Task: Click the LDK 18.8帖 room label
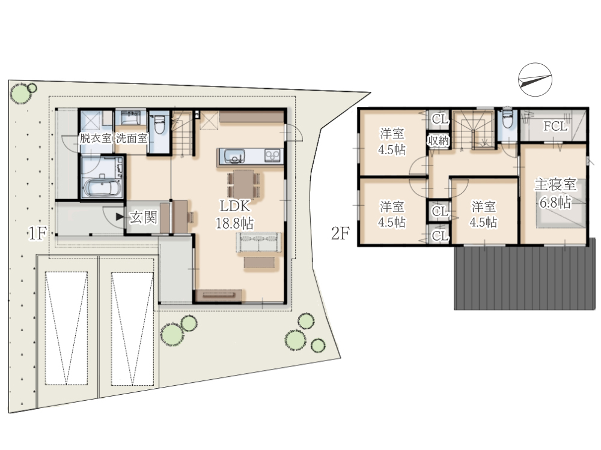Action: pyautogui.click(x=234, y=214)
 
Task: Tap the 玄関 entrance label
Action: pyautogui.click(x=143, y=217)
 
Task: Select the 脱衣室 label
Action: pyautogui.click(x=96, y=138)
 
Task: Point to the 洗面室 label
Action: pyautogui.click(x=132, y=138)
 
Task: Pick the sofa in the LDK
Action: pyautogui.click(x=258, y=242)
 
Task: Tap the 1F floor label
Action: pyautogui.click(x=37, y=233)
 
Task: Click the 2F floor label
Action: pyautogui.click(x=340, y=233)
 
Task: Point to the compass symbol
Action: pyautogui.click(x=535, y=80)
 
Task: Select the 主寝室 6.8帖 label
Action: pyautogui.click(x=555, y=194)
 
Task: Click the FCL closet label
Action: pyautogui.click(x=555, y=126)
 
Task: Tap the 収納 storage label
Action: pyautogui.click(x=438, y=141)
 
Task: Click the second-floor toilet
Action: pyautogui.click(x=507, y=119)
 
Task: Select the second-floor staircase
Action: pyautogui.click(x=472, y=130)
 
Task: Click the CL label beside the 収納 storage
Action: pyautogui.click(x=440, y=119)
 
